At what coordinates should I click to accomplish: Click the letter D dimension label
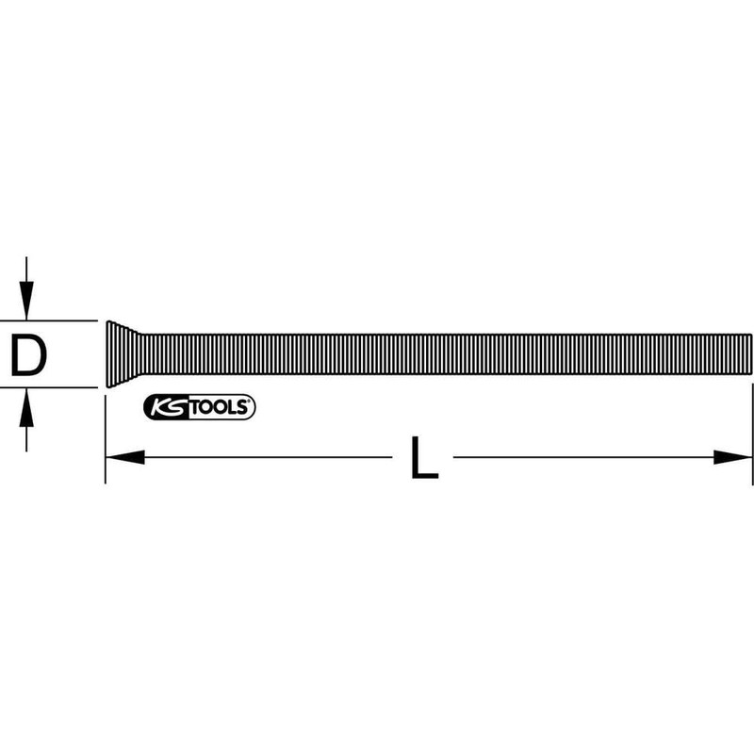28,354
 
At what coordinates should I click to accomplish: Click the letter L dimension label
424,458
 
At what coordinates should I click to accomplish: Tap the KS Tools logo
199,407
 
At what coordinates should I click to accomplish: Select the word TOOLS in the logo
220,407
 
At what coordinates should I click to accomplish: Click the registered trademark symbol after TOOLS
250,402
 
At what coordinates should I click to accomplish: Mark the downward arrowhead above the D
28,304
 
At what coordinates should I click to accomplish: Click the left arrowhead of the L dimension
123,457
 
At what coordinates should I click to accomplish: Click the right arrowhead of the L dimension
734,457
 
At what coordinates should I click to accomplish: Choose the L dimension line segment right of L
584,457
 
